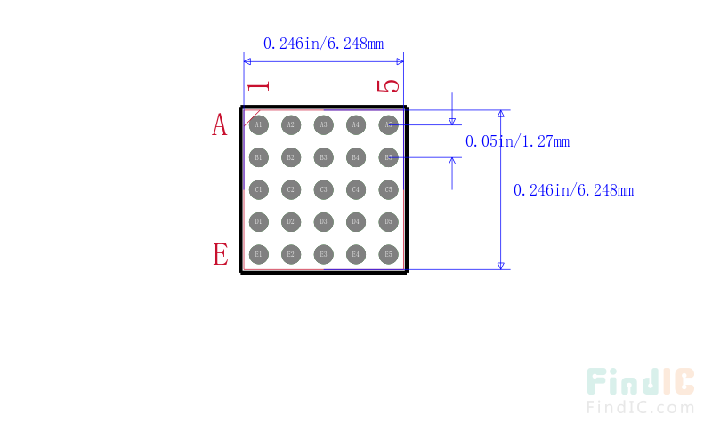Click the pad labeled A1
pyautogui.click(x=258, y=125)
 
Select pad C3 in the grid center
pyautogui.click(x=323, y=189)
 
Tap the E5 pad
pyautogui.click(x=388, y=254)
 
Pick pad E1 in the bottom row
pyautogui.click(x=258, y=254)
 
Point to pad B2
pyautogui.click(x=290, y=157)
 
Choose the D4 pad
pyautogui.click(x=356, y=221)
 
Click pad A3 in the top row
pyautogui.click(x=323, y=125)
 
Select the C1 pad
pyautogui.click(x=258, y=189)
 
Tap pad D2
pyautogui.click(x=290, y=221)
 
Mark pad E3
pyautogui.click(x=323, y=254)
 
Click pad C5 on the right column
pyautogui.click(x=388, y=189)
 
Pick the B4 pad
pyautogui.click(x=356, y=157)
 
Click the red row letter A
pyautogui.click(x=220, y=125)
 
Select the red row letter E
pyautogui.click(x=220, y=255)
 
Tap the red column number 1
pyautogui.click(x=258, y=86)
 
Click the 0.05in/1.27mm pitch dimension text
pyautogui.click(x=517, y=141)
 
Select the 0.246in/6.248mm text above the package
pyautogui.click(x=323, y=43)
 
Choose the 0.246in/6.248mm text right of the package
pyautogui.click(x=574, y=190)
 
